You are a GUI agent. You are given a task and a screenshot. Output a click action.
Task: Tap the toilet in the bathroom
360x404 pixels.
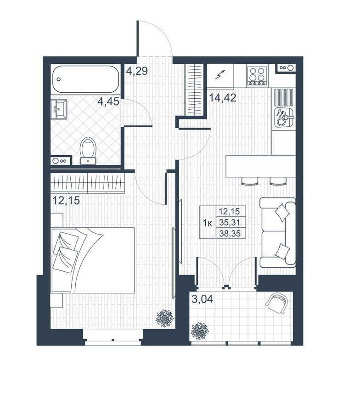click(88, 151)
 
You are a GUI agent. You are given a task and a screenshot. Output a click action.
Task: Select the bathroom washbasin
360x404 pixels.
click(59, 109)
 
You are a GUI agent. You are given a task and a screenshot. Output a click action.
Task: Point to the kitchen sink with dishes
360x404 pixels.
click(283, 118)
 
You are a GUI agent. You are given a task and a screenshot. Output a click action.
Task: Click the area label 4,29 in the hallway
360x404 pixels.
click(137, 71)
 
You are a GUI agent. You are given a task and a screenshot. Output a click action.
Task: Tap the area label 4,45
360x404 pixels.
click(108, 101)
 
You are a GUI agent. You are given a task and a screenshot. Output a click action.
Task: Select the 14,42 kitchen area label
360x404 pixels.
click(222, 98)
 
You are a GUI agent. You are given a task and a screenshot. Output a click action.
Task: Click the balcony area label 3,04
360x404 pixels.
click(202, 299)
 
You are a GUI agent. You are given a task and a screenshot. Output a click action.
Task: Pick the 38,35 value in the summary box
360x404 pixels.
click(229, 234)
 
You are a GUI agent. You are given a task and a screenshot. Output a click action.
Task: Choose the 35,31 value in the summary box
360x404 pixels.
click(229, 222)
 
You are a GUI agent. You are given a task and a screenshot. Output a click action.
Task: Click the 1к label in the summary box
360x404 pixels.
click(208, 223)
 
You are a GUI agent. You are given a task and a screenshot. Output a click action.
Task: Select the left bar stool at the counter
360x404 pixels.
click(250, 181)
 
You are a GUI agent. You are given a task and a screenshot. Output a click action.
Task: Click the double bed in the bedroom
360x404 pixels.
click(93, 260)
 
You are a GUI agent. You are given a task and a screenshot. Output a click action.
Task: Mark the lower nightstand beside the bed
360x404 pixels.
click(56, 300)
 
